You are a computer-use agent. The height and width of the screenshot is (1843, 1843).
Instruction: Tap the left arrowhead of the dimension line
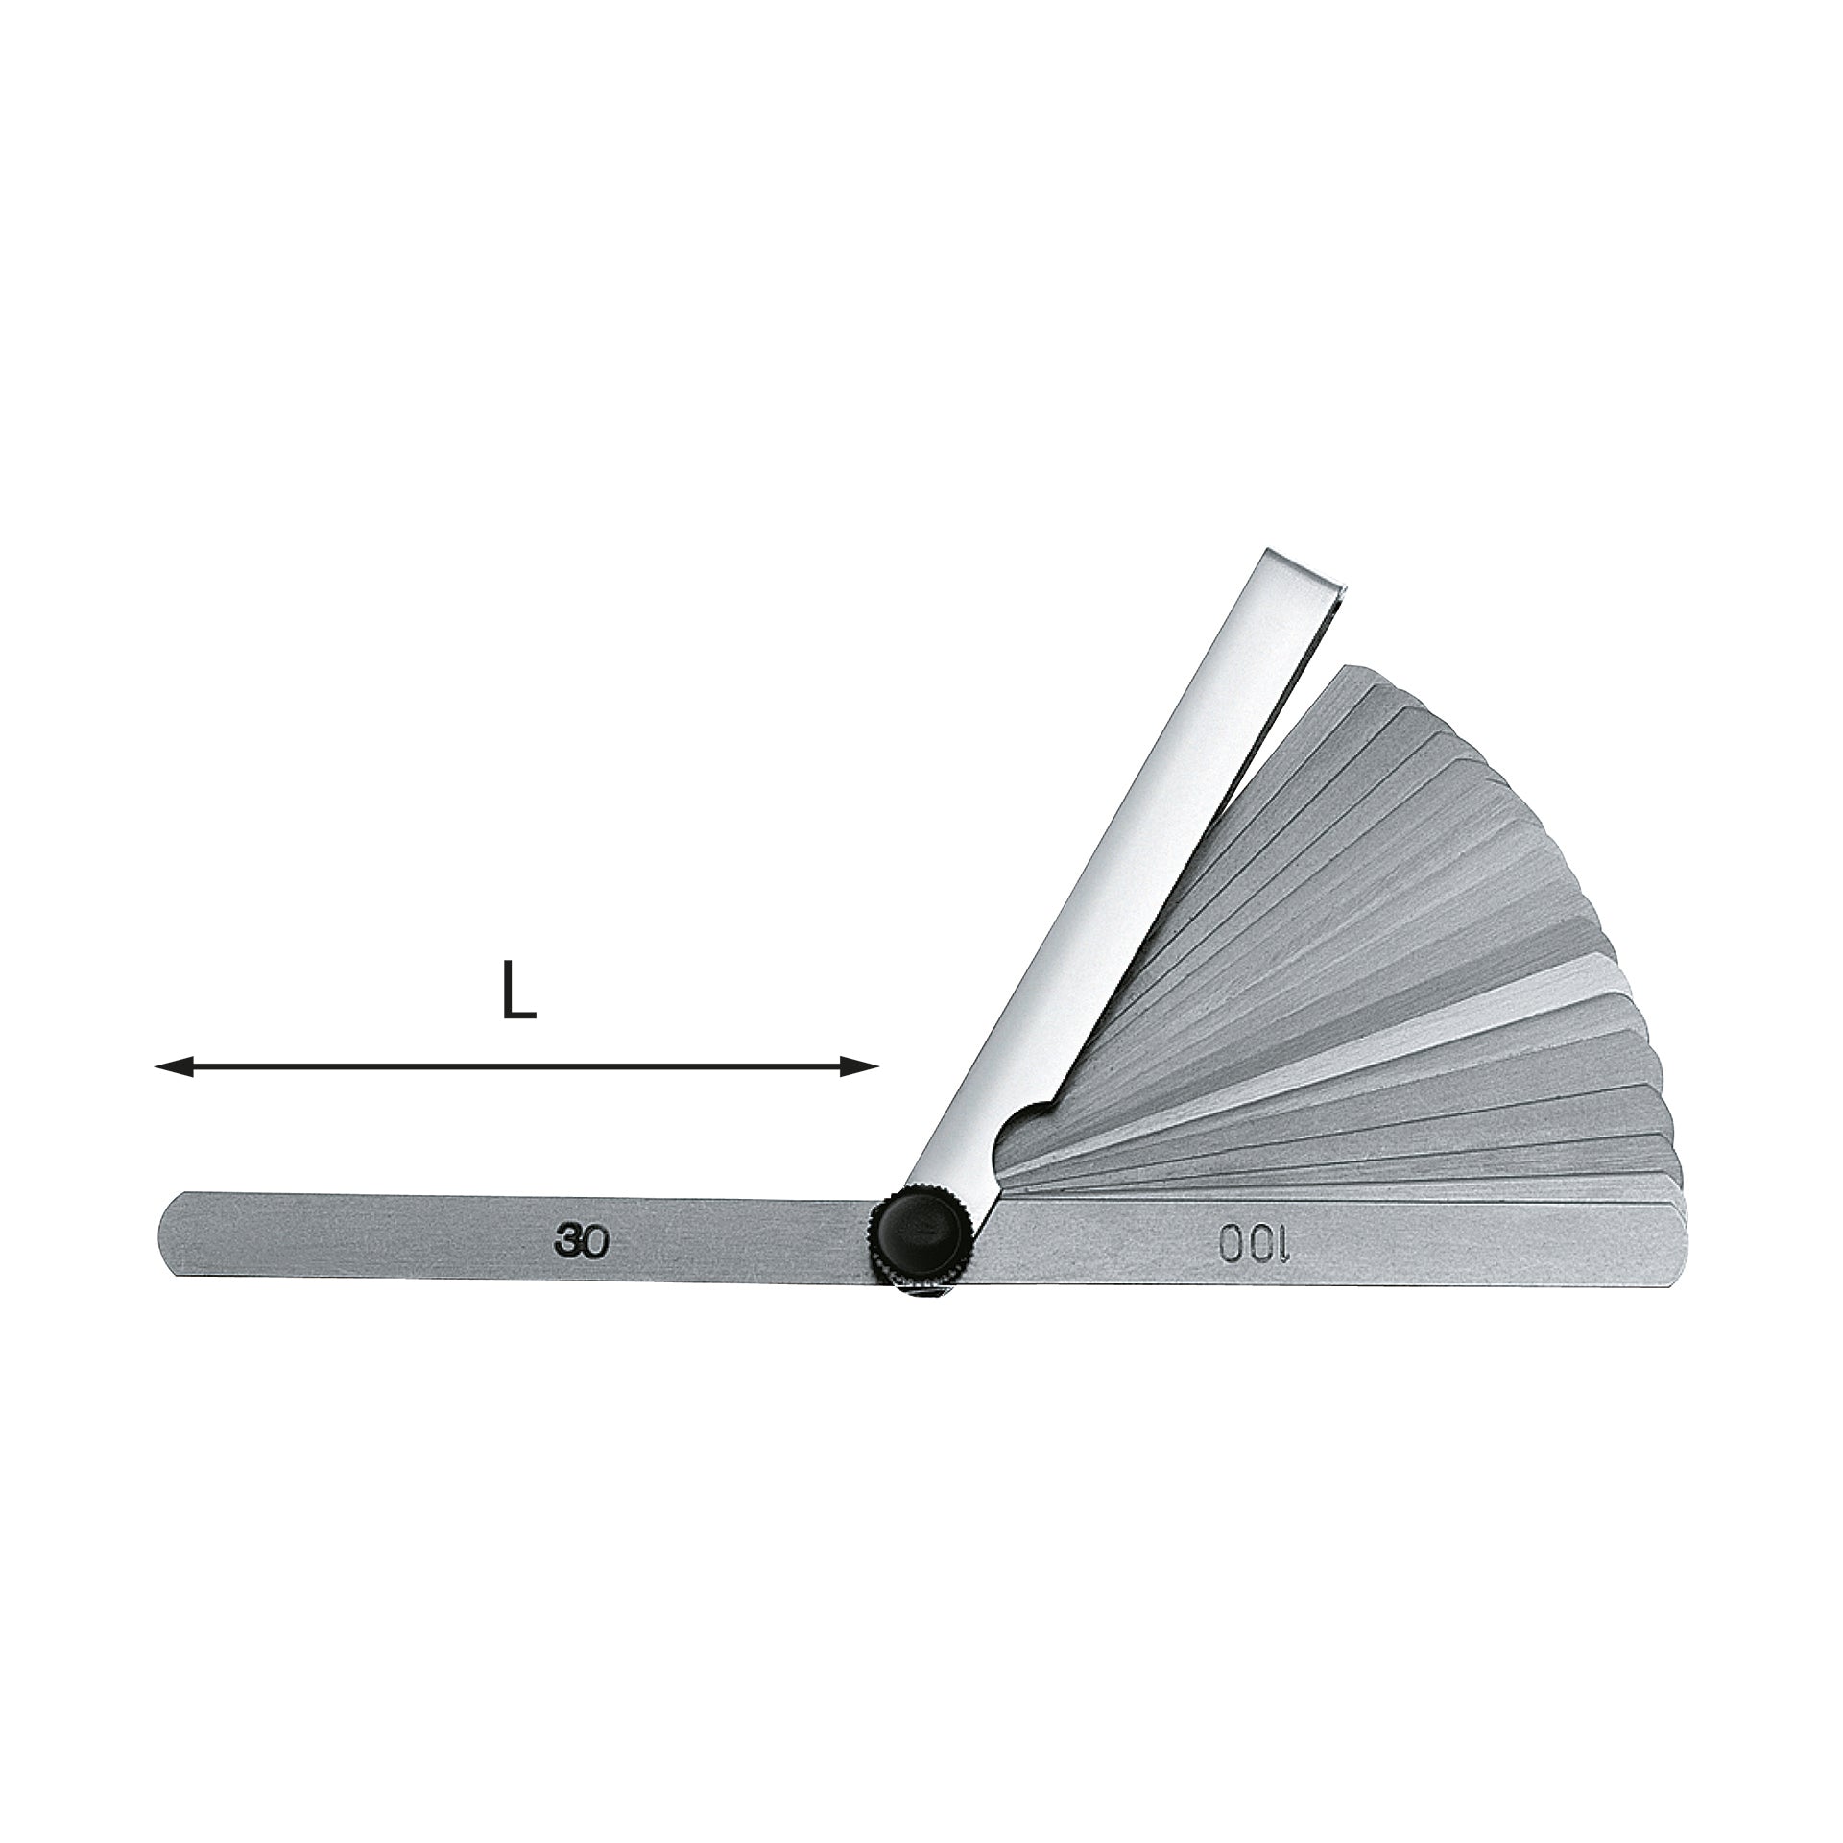click(x=174, y=1066)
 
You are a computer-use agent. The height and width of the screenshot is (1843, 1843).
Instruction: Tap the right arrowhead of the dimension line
click(x=859, y=1066)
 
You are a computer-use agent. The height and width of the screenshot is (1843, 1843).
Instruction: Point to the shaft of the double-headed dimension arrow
click(x=516, y=1066)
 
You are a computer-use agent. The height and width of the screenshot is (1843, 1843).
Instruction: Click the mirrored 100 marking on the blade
click(x=1257, y=1244)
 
